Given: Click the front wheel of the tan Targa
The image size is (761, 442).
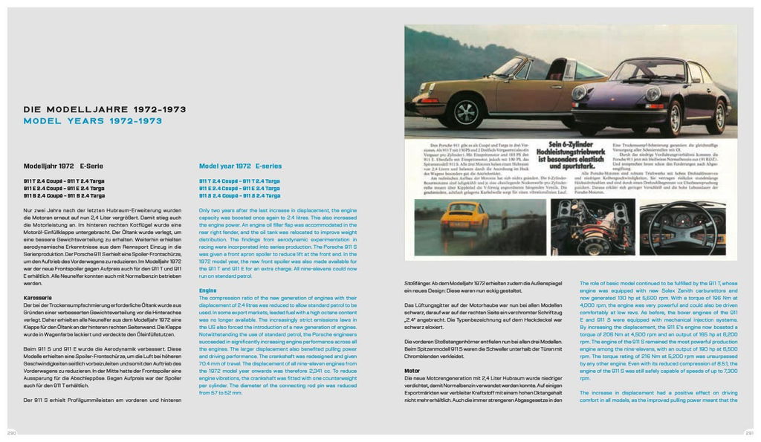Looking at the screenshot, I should click(x=466, y=112).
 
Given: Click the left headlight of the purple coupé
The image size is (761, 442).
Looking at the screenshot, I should click(x=580, y=94).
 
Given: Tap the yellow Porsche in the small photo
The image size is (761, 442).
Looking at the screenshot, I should click(x=464, y=216).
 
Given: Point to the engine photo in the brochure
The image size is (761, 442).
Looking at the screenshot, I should click(x=592, y=227).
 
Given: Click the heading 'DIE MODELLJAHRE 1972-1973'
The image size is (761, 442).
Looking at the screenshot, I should click(x=105, y=109).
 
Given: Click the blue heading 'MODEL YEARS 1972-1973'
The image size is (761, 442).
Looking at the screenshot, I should click(x=93, y=120).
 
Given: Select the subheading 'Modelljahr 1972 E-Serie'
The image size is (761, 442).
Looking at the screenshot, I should click(x=63, y=166).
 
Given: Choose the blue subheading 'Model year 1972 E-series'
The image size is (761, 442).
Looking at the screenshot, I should click(x=240, y=166).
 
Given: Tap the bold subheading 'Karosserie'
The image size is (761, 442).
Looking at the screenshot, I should click(x=37, y=297).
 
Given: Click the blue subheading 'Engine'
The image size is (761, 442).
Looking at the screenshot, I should click(x=207, y=290).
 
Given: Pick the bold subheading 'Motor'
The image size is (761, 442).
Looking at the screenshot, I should click(x=412, y=369).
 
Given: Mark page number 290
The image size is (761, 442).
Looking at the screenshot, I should click(x=12, y=432).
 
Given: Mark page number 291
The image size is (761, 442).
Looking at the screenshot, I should click(x=749, y=432).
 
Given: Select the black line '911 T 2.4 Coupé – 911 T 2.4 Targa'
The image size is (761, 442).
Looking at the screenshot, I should click(x=64, y=181).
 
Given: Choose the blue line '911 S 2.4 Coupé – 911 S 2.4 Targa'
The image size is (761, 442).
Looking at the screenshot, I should click(x=239, y=195).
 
